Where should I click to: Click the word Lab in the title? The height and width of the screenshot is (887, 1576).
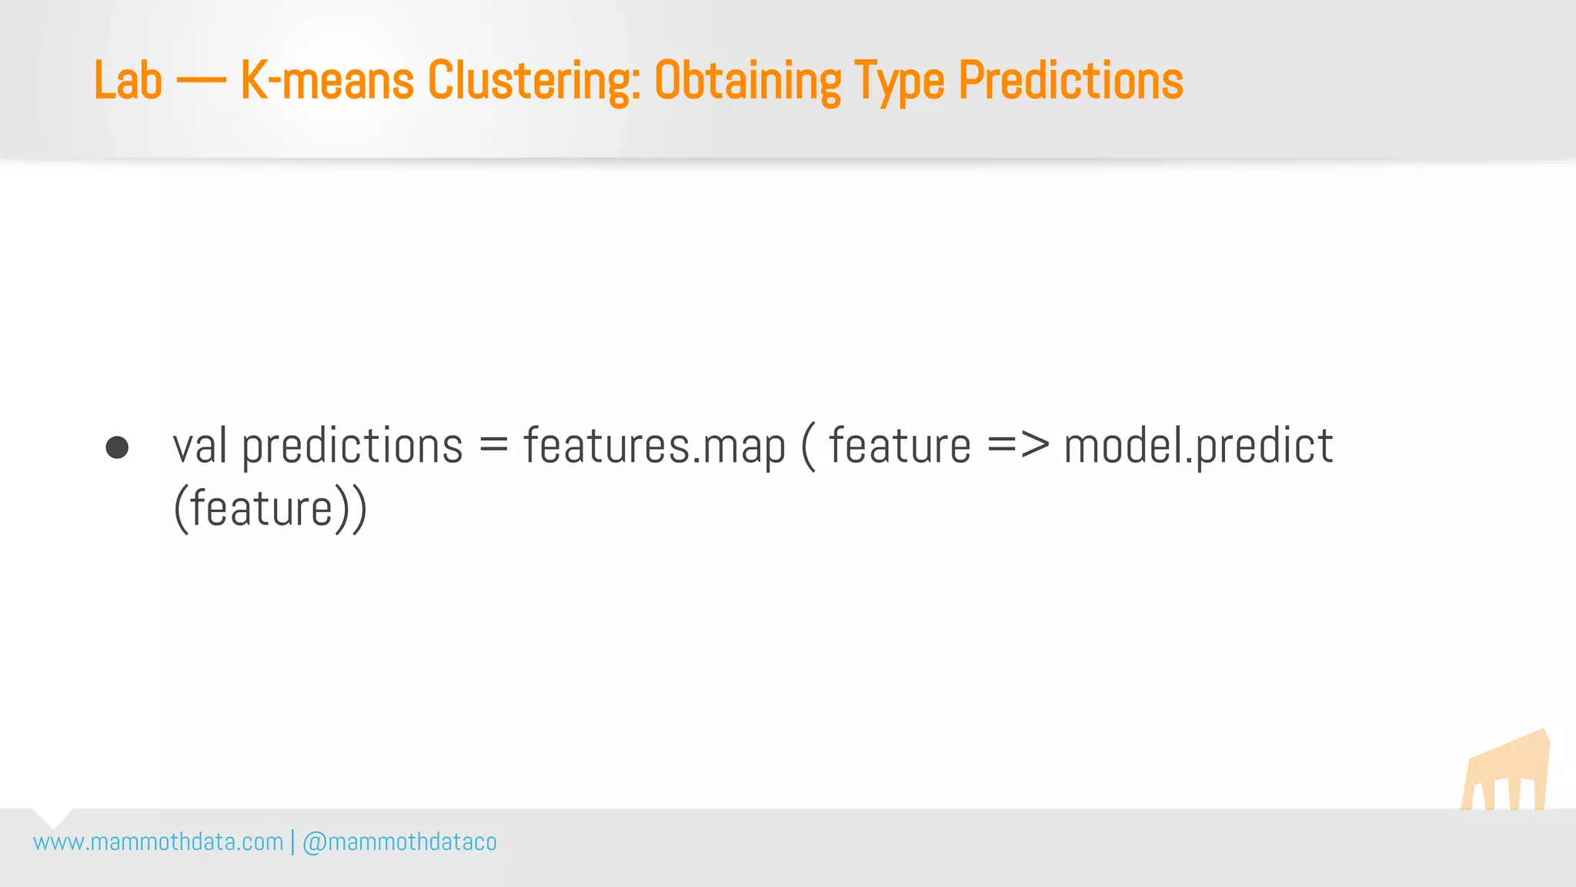(128, 81)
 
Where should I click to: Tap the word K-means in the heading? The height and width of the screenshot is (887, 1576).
(327, 81)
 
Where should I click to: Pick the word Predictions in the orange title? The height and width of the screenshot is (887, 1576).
(1070, 81)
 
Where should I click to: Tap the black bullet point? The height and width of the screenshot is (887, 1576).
(117, 447)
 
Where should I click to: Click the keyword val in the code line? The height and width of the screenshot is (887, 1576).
(199, 447)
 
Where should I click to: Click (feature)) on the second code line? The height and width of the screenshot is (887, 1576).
(271, 510)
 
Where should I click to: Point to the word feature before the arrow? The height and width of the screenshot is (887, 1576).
(900, 447)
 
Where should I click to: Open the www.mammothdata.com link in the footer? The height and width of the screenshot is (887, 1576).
(159, 842)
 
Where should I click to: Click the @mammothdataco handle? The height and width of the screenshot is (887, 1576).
(399, 842)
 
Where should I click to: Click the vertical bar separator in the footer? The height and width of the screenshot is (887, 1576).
(293, 842)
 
